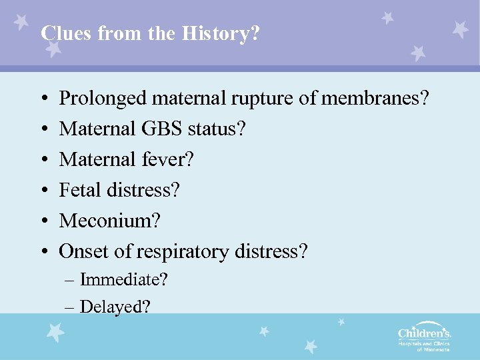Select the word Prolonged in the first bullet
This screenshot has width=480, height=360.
103,99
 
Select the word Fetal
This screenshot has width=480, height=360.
78,191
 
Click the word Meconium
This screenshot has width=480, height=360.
110,221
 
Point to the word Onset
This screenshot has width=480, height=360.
79,251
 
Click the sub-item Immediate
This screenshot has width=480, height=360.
123,279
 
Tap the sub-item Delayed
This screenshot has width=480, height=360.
115,307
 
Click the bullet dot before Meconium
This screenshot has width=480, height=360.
43,221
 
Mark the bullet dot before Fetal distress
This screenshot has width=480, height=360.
43,191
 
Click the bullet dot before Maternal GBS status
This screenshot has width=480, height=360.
43,130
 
